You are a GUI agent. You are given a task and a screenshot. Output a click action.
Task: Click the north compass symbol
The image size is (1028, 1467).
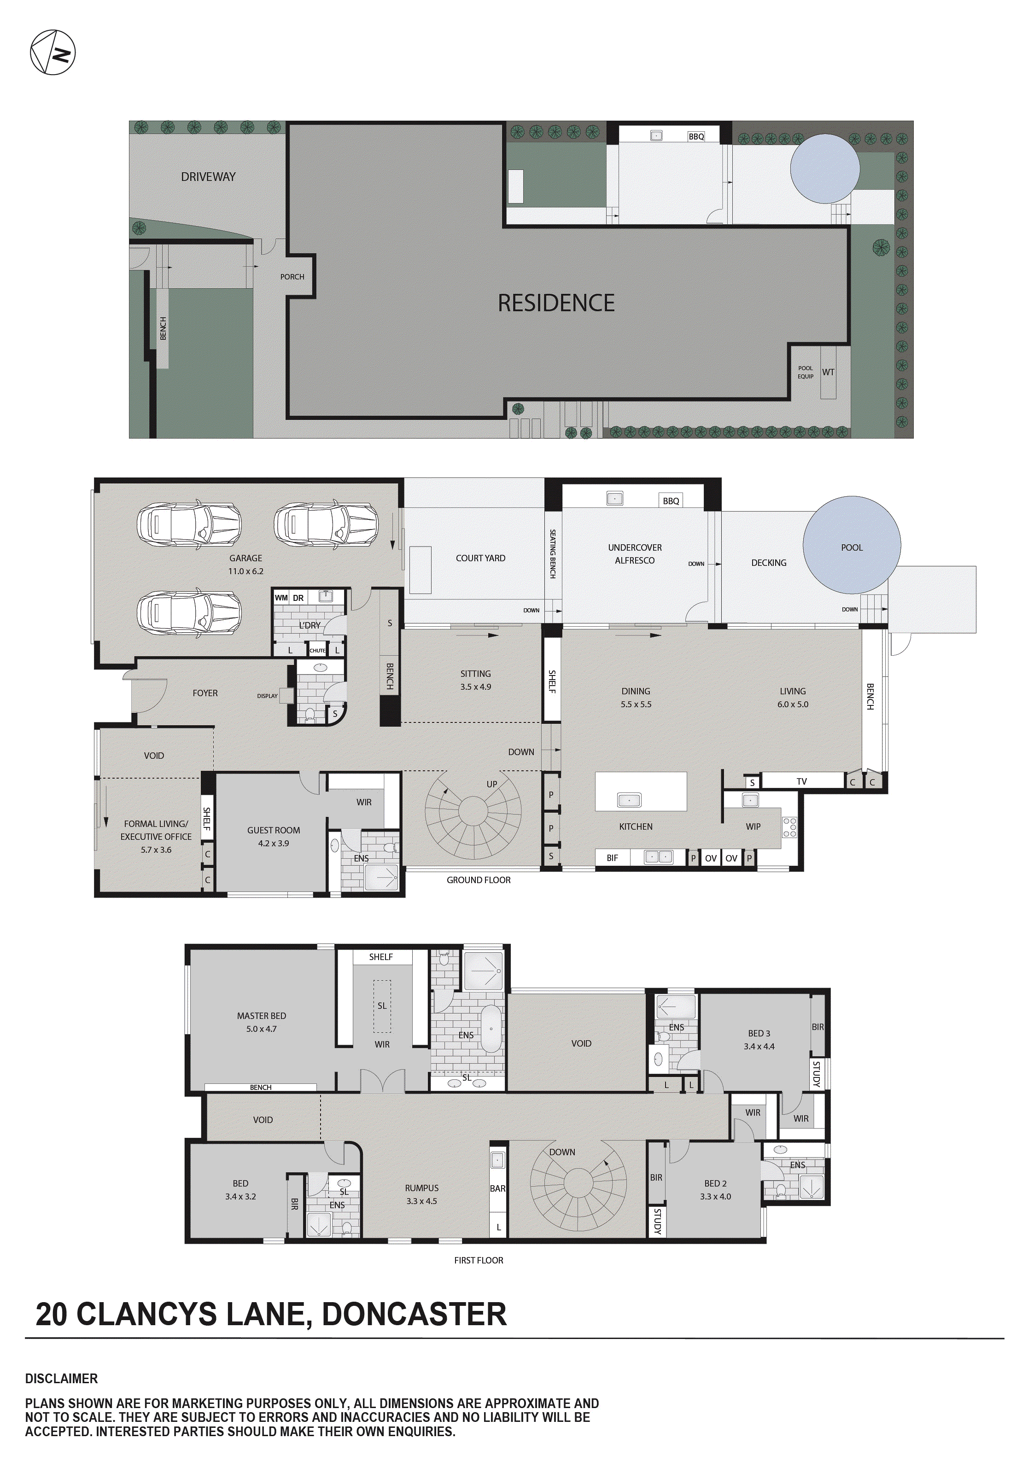click(53, 52)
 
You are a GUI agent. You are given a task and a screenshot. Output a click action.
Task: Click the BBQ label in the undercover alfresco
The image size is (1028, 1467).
click(671, 501)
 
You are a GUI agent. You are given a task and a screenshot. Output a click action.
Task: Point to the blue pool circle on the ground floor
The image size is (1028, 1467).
click(851, 545)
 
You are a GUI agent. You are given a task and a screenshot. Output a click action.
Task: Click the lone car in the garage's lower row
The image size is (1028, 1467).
click(189, 611)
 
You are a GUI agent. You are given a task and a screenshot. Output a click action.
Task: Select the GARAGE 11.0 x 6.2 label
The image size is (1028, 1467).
click(245, 564)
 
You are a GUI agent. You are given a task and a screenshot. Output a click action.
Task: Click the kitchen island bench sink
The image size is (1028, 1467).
click(629, 800)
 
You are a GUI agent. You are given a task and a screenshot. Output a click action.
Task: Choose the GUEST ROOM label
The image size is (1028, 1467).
click(273, 836)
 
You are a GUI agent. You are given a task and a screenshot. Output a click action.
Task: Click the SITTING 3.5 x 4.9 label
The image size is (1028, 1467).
click(476, 680)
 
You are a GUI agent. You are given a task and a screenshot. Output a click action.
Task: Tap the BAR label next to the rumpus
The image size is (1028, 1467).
click(497, 1188)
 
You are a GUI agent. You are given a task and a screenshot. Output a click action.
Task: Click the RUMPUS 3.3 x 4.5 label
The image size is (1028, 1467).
click(421, 1194)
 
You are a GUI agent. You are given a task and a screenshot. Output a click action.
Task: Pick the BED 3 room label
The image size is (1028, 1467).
click(759, 1040)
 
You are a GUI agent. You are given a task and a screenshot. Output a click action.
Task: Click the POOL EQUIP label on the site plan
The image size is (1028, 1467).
click(805, 372)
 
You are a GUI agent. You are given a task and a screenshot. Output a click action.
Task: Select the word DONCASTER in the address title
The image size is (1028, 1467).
click(414, 1314)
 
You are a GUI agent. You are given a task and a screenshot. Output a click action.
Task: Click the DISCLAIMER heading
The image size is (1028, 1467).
click(61, 1378)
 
